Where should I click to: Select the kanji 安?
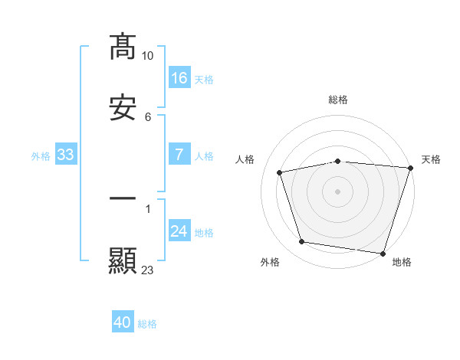[x=123, y=109]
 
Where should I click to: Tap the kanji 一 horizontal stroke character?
[x=123, y=199]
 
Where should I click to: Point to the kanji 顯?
[x=123, y=260]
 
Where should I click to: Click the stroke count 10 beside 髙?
[x=147, y=56]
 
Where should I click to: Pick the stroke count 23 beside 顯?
[x=147, y=270]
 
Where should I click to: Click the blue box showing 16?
[x=179, y=77]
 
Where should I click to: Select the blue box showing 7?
[x=179, y=155]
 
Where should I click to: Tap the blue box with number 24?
[x=179, y=231]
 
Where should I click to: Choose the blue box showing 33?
[x=65, y=155]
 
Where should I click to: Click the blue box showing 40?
[x=122, y=323]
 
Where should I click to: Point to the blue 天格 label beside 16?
[x=204, y=79]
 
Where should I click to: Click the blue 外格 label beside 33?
[x=41, y=156]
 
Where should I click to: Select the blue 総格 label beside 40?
[x=147, y=325]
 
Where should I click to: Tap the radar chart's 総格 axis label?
[x=338, y=100]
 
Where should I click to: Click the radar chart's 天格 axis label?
[x=431, y=159]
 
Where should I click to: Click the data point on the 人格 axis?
[x=280, y=172]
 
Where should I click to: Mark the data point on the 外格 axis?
[x=302, y=242]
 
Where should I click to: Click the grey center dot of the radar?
[x=338, y=191]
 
